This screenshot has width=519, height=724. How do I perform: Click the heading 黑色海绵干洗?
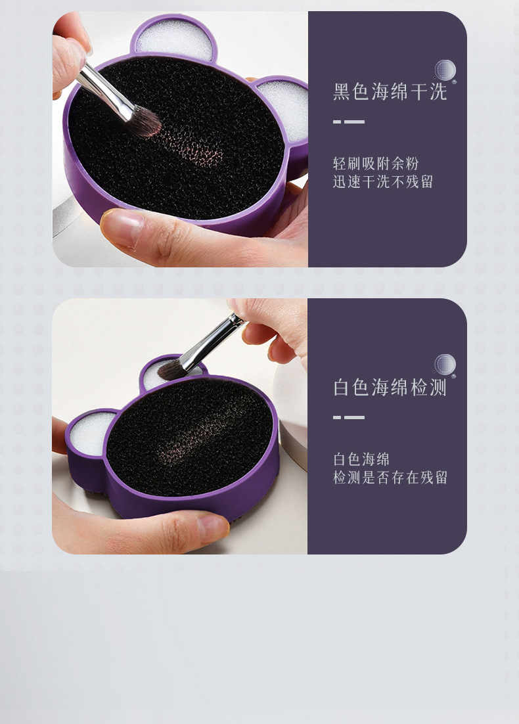(x=390, y=91)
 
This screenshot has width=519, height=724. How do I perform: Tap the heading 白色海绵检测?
(x=390, y=387)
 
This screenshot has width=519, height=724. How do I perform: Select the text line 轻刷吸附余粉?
(x=376, y=164)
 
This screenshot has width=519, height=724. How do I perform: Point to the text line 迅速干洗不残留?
(x=383, y=181)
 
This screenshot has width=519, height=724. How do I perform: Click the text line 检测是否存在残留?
(x=391, y=477)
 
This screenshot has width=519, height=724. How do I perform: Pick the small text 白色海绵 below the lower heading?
(x=361, y=459)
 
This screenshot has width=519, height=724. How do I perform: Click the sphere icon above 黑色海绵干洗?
(x=445, y=71)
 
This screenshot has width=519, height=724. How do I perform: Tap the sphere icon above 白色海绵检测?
(x=445, y=366)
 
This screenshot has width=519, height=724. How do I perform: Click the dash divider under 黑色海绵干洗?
(x=349, y=122)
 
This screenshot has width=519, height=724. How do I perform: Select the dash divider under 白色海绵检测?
(x=349, y=417)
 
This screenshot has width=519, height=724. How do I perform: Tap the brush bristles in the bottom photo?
(x=171, y=369)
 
